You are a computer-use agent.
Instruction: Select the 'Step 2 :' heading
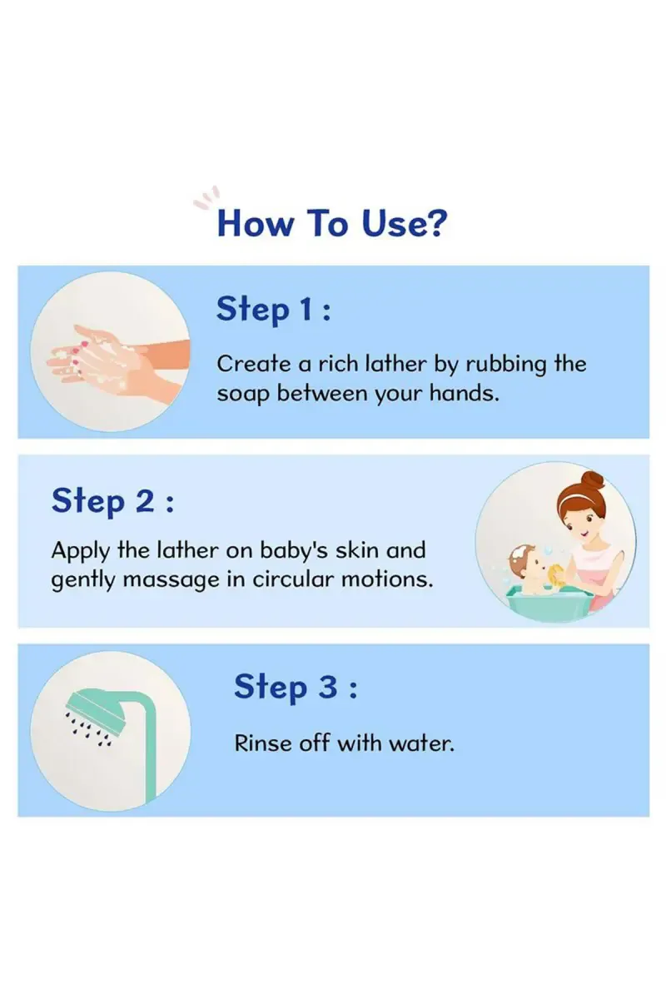[x=112, y=501]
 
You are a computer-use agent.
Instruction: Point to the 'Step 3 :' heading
[x=296, y=688]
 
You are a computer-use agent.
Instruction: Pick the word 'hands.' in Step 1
[x=464, y=393]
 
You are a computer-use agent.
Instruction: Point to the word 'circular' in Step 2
[x=292, y=579]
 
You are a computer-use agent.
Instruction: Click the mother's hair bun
[x=592, y=480]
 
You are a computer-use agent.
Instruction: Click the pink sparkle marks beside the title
[x=207, y=198]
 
